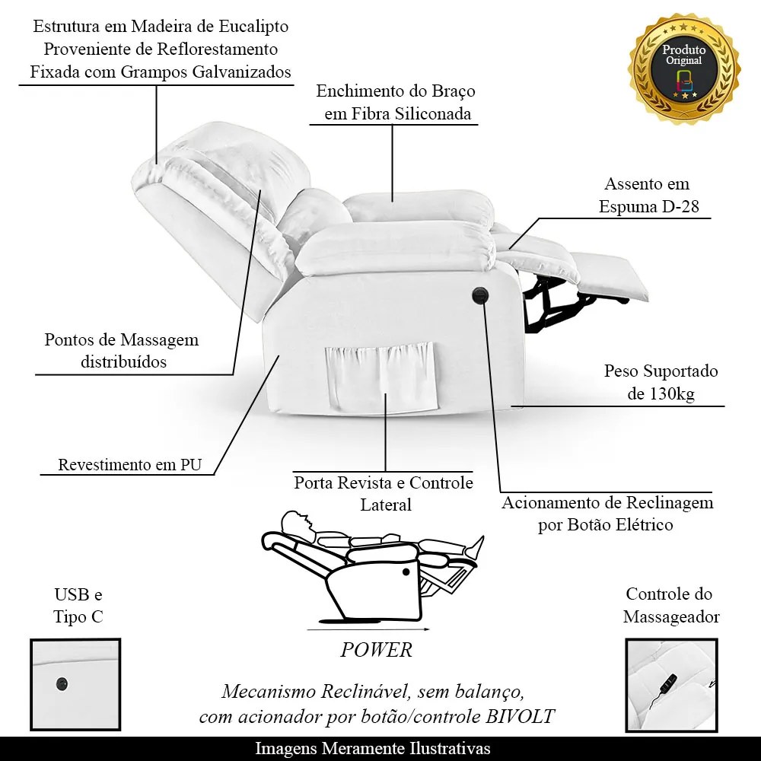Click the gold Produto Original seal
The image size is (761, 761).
683,67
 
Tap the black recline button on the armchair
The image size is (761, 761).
480,295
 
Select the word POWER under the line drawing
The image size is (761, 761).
376,650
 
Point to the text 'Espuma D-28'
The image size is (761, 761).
648,206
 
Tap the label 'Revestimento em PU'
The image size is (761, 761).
130,465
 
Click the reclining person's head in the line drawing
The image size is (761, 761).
294,523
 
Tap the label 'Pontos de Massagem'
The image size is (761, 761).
122,339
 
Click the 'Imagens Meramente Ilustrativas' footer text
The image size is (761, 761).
373,748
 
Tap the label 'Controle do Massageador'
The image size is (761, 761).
670,605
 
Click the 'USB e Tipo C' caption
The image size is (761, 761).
78,605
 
